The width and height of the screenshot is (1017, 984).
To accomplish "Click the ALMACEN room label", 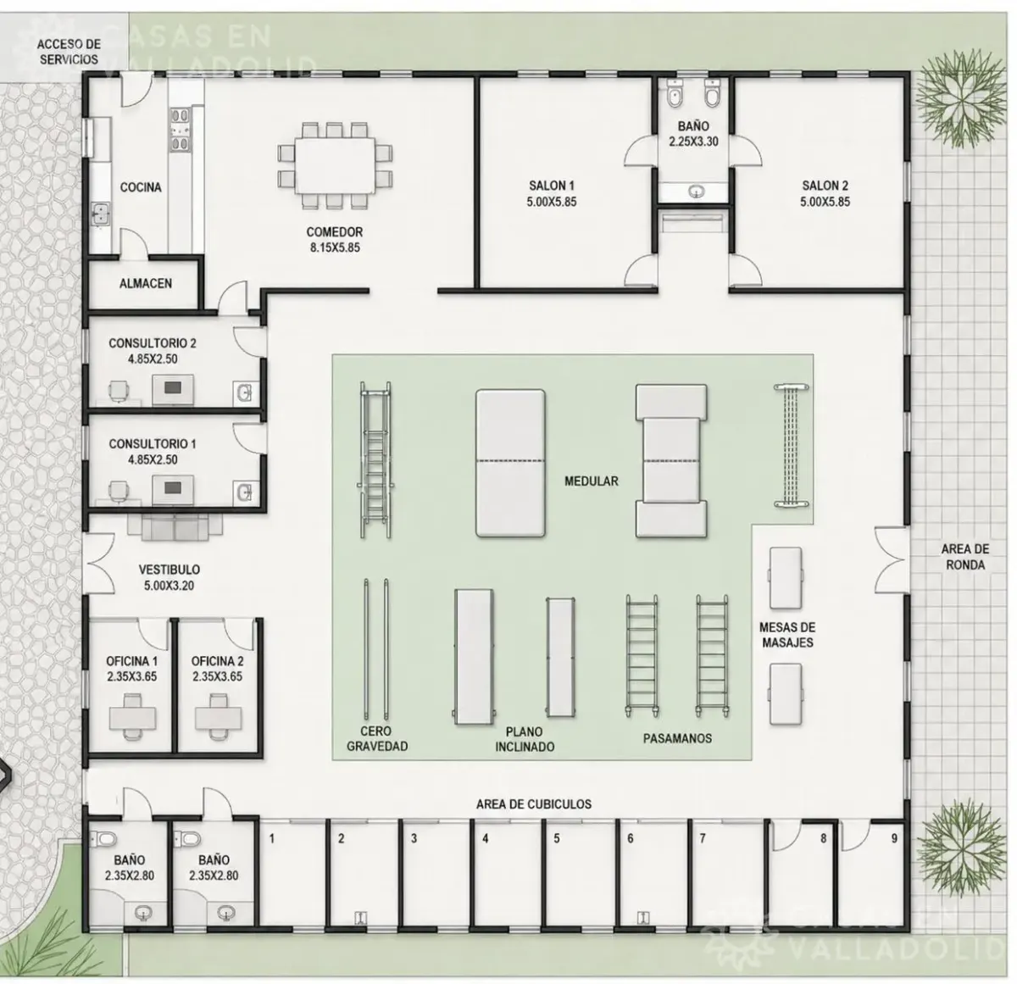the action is [145, 283].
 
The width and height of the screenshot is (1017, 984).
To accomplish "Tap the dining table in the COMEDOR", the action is [335, 165].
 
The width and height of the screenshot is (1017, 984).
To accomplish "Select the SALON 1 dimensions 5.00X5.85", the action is [552, 202].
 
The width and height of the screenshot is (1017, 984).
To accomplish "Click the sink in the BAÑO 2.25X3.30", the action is [696, 192].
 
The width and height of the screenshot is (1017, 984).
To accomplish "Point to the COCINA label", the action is [141, 187].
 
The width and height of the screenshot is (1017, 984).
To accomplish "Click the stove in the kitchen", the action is [181, 130].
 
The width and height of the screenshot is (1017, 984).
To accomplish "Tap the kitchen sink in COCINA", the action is [100, 214].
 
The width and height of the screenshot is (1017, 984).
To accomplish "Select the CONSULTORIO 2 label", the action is [153, 343].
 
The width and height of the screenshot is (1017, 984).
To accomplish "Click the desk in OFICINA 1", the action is [132, 718].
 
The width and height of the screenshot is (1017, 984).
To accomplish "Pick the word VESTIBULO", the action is [169, 570].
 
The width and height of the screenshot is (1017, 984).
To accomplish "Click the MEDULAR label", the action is [591, 481].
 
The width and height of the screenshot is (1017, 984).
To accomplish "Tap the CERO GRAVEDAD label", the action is [377, 738].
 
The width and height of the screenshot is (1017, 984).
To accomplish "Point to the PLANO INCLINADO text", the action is [525, 739].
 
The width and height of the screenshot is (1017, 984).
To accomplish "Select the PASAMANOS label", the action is [677, 738].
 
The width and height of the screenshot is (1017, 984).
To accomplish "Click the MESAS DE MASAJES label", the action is [787, 635].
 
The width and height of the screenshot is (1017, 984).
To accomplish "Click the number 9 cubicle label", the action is [894, 839].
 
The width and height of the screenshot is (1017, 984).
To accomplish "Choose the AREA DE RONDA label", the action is [965, 557].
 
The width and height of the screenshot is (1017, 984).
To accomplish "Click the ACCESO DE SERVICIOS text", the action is [69, 52].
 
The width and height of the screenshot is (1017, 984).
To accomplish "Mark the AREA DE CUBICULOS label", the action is [534, 804].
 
